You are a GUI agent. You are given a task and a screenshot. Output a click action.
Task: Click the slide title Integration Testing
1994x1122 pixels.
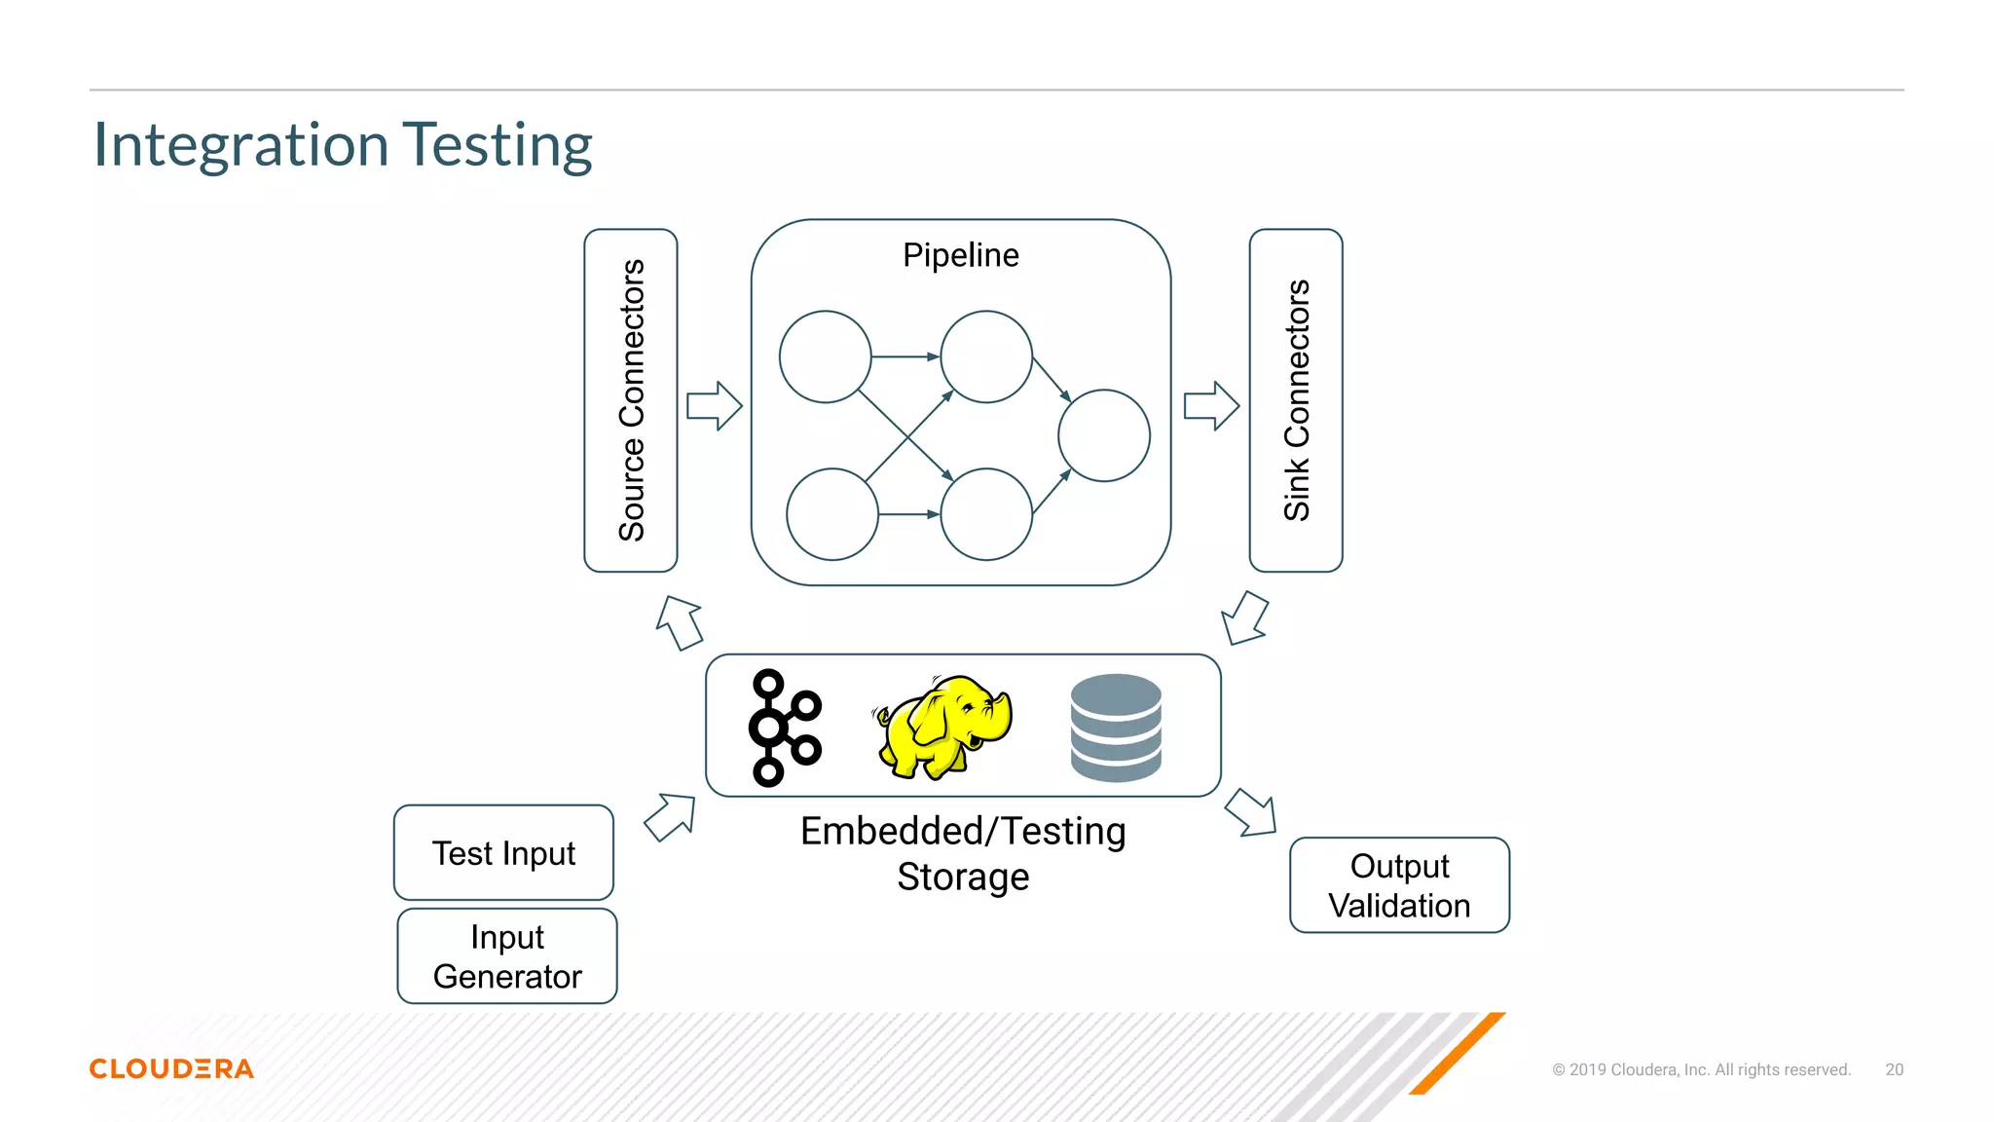(x=343, y=145)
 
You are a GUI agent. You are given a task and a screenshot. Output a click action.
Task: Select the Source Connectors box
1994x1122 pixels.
(x=631, y=400)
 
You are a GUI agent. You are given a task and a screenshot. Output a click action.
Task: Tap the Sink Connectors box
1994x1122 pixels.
(x=1296, y=400)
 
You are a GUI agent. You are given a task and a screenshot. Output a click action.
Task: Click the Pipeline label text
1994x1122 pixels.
(x=960, y=255)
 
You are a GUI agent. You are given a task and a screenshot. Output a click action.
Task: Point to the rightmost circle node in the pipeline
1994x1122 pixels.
(x=1103, y=435)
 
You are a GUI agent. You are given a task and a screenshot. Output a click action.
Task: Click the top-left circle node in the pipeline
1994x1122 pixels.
(x=825, y=356)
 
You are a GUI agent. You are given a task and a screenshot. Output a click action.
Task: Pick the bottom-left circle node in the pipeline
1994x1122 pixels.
(x=831, y=514)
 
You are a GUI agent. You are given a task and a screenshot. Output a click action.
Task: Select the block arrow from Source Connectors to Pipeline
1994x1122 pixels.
(x=715, y=406)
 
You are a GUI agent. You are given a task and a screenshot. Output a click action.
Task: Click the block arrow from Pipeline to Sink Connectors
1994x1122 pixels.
(x=1211, y=406)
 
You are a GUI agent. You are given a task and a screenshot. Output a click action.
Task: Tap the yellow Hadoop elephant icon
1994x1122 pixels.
(x=942, y=727)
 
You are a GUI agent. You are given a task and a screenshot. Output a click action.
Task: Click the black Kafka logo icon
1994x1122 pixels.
(x=783, y=727)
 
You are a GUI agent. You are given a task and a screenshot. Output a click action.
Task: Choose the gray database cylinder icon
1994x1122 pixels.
(x=1116, y=728)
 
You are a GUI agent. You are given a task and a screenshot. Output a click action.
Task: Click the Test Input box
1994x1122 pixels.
(x=503, y=852)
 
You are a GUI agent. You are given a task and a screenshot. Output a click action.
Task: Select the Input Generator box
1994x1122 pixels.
(x=507, y=955)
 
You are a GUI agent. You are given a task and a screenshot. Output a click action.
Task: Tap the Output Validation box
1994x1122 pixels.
(x=1399, y=885)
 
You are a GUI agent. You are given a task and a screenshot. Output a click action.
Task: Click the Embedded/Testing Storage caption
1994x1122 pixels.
(x=963, y=853)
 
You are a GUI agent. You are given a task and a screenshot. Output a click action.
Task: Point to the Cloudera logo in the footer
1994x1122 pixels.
(x=171, y=1068)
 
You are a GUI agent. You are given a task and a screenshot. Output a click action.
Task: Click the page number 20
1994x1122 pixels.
(x=1894, y=1069)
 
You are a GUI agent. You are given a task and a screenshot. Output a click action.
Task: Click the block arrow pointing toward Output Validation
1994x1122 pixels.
(x=1251, y=813)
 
